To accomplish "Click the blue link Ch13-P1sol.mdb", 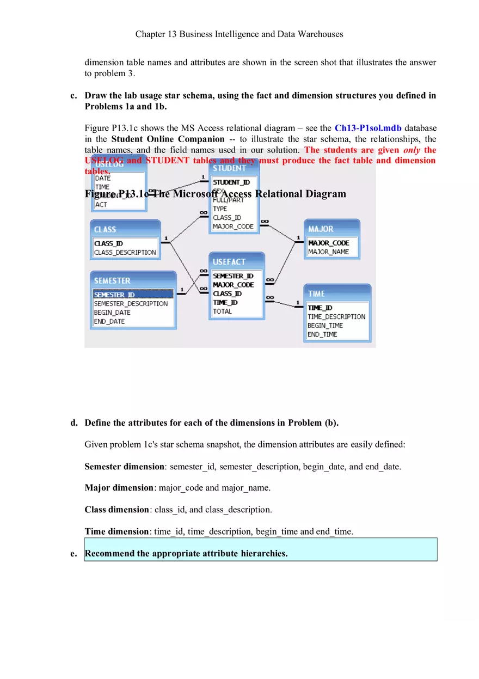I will pos(368,128).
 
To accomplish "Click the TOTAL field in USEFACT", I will pos(223,311).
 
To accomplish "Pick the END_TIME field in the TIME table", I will pos(322,334).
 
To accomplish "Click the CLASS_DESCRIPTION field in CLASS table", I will pos(125,252).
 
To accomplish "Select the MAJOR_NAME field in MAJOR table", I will pos(328,252).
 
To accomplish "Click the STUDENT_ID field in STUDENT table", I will pos(231,182).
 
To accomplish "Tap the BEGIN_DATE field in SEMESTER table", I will pos(112,313).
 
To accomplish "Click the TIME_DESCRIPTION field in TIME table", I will pos(336,316).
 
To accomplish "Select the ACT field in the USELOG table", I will pos(101,205).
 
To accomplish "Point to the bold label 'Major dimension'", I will pos(119,488).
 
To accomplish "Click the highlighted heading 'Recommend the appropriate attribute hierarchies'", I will pos(186,554).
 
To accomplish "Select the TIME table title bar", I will pos(337,293).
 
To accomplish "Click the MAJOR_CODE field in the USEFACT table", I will pos(234,285).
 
